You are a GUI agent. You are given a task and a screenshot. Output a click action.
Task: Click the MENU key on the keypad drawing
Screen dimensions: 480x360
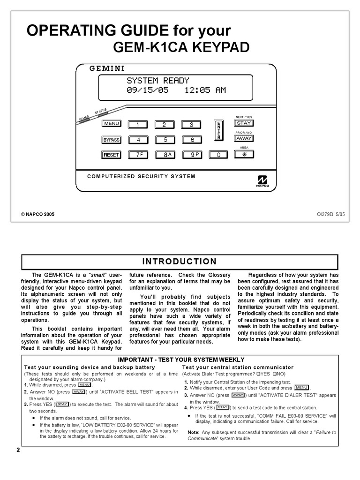coord(112,124)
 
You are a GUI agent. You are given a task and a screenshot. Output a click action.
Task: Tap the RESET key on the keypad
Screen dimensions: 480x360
coord(112,155)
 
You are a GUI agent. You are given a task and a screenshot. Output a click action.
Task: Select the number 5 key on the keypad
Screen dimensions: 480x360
coord(165,140)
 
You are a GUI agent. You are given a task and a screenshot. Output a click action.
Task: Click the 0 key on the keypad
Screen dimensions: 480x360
coord(218,155)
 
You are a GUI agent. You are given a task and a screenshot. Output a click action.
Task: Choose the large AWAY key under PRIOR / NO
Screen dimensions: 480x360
coord(244,139)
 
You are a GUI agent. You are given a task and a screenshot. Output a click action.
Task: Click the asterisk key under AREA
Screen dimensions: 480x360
coord(244,155)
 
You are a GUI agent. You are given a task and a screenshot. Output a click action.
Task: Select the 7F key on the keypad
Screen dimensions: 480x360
coord(139,155)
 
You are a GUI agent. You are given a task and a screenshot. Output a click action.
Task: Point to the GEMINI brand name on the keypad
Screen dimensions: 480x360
coord(107,68)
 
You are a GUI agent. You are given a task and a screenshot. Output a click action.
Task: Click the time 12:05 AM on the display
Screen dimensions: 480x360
coord(202,90)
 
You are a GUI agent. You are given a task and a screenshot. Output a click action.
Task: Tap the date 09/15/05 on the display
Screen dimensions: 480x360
coord(147,90)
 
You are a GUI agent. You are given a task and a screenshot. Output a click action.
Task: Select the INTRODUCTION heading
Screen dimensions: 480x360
coord(180,262)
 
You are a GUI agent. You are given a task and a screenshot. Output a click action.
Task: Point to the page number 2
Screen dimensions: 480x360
coord(18,450)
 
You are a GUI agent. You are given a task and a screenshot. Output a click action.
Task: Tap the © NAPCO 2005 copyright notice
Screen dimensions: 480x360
coord(38,213)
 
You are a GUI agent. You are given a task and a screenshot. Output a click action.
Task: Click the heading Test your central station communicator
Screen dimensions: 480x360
coord(238,367)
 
